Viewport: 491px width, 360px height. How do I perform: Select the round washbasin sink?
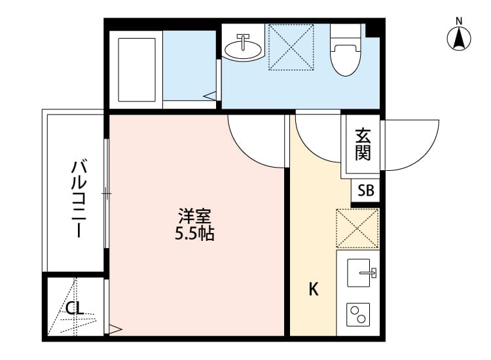(x=242, y=46)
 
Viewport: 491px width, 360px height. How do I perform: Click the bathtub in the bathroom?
(x=137, y=69)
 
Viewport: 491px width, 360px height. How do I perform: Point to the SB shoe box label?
(x=366, y=191)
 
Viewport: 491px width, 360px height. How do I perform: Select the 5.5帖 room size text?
(x=194, y=233)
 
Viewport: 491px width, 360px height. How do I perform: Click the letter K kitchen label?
(x=314, y=289)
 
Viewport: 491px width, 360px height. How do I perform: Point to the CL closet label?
(x=75, y=308)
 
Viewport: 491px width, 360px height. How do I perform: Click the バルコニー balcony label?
(x=79, y=197)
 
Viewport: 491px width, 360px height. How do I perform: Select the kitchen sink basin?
(x=359, y=271)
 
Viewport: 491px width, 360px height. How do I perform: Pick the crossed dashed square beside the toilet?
(x=293, y=47)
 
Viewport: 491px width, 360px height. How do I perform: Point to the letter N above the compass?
(x=460, y=21)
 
